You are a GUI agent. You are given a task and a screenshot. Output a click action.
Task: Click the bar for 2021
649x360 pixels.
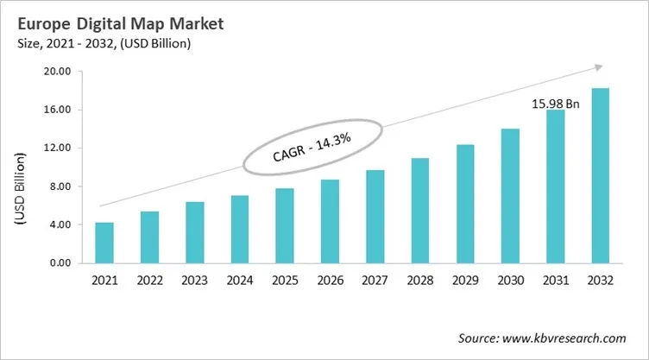(x=105, y=243)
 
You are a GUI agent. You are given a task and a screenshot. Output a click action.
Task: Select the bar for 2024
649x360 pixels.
(x=240, y=230)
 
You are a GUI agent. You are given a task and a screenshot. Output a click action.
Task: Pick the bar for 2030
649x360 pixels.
(x=509, y=196)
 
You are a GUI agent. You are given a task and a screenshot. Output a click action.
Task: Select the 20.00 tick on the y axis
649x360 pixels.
(x=59, y=72)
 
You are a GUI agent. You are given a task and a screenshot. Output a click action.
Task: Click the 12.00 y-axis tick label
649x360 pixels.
(x=59, y=148)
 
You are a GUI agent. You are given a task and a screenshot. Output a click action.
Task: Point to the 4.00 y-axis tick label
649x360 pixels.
(x=62, y=224)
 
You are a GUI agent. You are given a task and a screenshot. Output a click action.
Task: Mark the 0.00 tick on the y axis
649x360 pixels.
(x=62, y=262)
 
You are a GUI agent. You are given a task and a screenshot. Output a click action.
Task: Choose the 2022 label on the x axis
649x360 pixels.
(x=150, y=280)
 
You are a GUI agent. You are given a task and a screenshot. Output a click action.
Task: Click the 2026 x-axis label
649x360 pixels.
(x=330, y=280)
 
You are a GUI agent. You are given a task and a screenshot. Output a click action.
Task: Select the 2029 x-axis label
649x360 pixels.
(x=464, y=280)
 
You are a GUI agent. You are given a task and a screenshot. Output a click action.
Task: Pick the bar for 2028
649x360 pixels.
(x=419, y=211)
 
